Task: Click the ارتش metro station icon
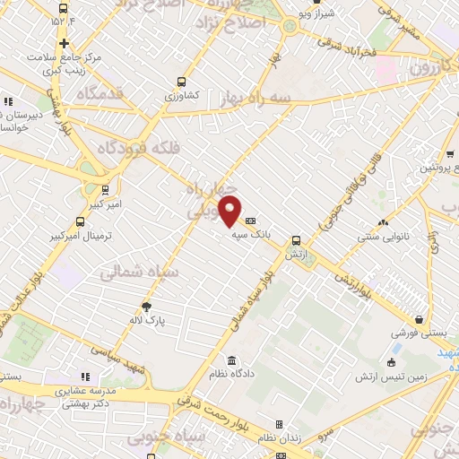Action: pyautogui.click(x=296, y=239)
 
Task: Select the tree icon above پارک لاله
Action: pyautogui.click(x=146, y=307)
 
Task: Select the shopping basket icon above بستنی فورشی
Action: pyautogui.click(x=419, y=319)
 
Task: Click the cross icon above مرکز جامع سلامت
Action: pyautogui.click(x=64, y=43)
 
